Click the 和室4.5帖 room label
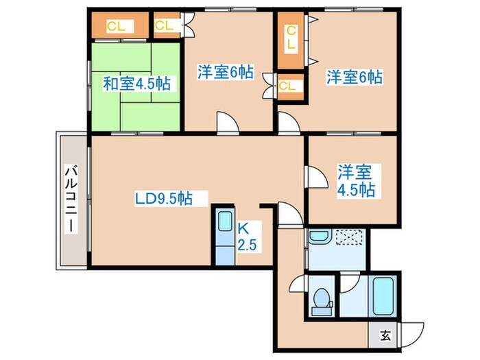click(137, 84)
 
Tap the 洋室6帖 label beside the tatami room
click(226, 71)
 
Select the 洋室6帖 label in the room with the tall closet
click(354, 77)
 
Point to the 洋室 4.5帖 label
click(355, 180)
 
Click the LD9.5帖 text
click(163, 199)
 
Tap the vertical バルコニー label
click(71, 199)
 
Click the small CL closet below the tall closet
click(288, 86)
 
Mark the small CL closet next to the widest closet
click(165, 26)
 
